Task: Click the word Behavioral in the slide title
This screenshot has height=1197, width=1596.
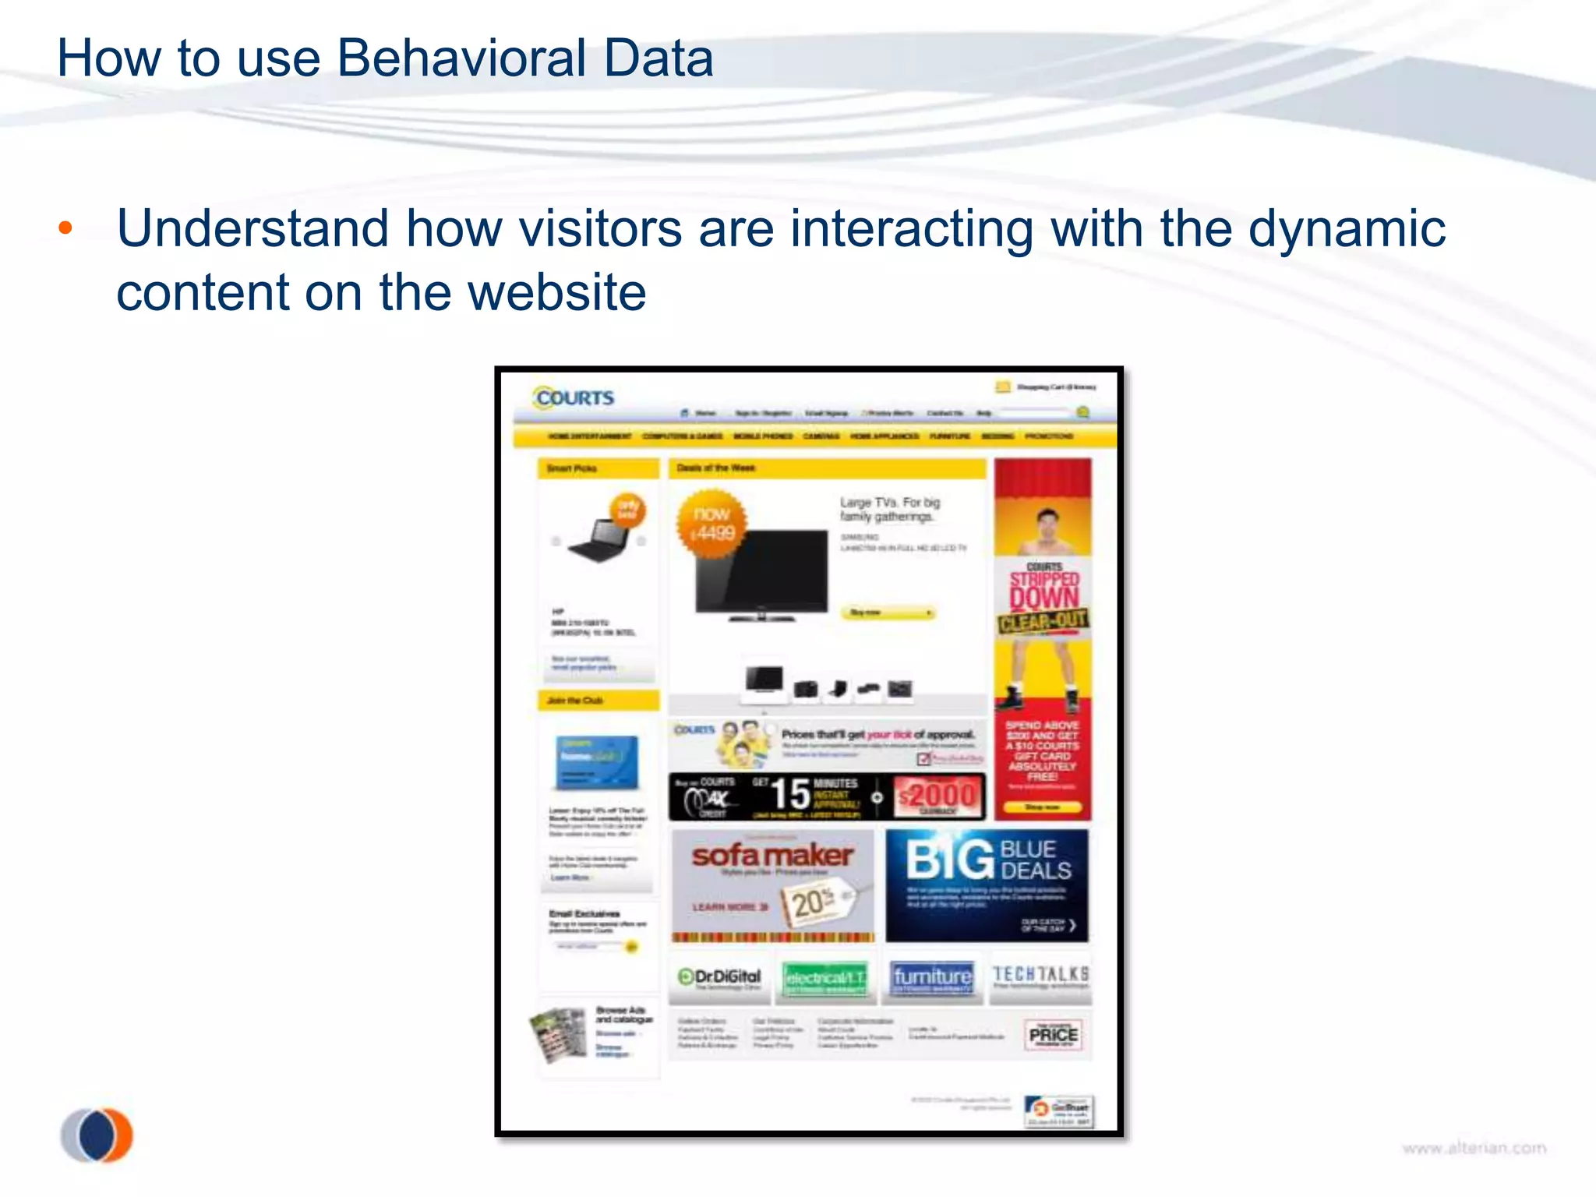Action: (461, 59)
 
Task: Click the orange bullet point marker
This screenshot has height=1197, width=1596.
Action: (65, 228)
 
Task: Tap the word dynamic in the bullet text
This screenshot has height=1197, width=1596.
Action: (1346, 229)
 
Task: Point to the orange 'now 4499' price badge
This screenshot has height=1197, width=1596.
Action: (711, 524)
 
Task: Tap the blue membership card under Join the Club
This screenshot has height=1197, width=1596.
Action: (597, 761)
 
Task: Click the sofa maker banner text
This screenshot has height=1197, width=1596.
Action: (772, 856)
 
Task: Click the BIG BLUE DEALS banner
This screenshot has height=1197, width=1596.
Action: (987, 885)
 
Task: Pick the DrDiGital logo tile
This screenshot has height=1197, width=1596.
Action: (719, 977)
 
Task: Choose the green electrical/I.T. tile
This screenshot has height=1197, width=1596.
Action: (824, 978)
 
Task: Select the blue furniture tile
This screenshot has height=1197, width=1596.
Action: (932, 977)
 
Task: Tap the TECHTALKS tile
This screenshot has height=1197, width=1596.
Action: (1040, 976)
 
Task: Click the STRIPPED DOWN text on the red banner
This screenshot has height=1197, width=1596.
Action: (1043, 589)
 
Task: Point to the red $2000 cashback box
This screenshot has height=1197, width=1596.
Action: (938, 796)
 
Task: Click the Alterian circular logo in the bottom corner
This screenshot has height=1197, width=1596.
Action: (97, 1135)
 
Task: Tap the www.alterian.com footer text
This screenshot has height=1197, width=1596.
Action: (1474, 1148)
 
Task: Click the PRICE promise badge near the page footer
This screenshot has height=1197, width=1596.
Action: (1053, 1035)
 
